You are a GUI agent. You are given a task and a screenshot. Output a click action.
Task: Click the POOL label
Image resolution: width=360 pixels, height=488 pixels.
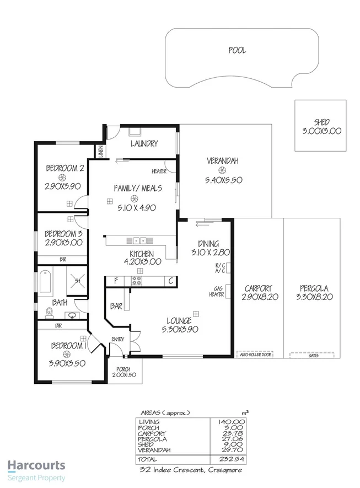point(237,50)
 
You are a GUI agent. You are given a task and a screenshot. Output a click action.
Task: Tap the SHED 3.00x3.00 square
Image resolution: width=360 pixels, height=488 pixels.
point(320,126)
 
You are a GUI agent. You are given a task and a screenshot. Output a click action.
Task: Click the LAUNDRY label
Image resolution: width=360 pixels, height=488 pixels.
point(144,143)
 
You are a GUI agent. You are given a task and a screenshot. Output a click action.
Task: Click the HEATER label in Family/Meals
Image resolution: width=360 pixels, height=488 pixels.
point(160,171)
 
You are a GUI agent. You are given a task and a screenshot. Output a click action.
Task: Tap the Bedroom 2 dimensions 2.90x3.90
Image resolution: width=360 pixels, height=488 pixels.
point(64,186)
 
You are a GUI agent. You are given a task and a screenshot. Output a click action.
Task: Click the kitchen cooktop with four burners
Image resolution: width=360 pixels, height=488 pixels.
point(136,281)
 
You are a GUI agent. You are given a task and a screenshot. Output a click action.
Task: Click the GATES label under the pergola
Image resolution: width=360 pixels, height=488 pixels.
point(313,355)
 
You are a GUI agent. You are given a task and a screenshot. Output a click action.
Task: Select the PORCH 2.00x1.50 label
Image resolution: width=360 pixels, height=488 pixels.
point(125,372)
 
